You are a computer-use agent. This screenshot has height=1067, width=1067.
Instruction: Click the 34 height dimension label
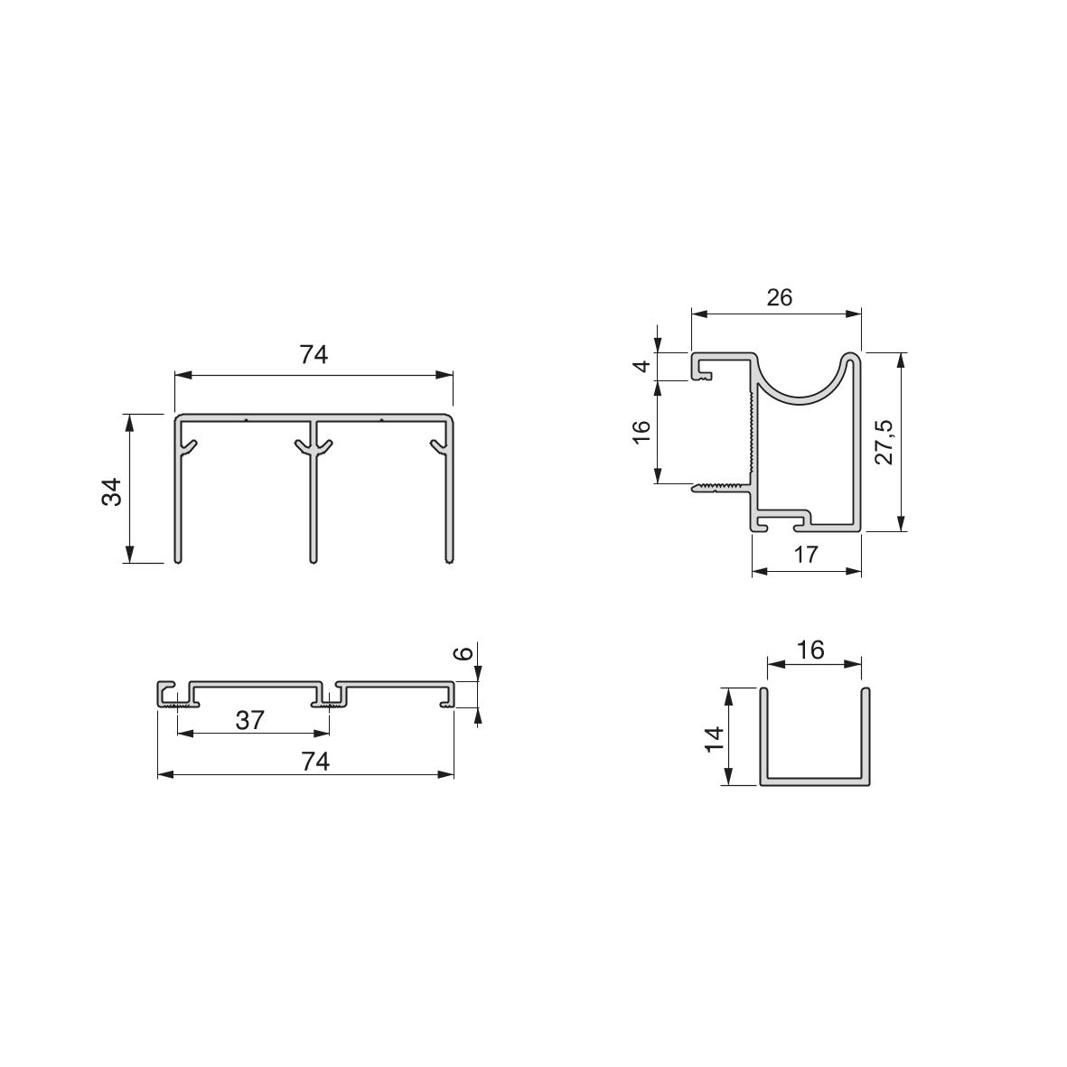(x=112, y=491)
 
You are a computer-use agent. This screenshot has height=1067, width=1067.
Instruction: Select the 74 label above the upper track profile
(x=314, y=354)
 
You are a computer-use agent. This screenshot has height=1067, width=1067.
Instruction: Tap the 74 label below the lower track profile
(x=315, y=762)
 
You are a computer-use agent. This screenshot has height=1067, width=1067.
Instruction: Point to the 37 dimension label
(x=249, y=720)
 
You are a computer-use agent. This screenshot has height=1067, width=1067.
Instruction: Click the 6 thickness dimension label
(x=463, y=653)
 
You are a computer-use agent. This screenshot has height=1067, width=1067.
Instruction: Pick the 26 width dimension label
(x=779, y=297)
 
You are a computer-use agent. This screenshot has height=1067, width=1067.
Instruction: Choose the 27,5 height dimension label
(x=884, y=443)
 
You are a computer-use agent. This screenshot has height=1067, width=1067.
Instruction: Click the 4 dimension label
(x=641, y=367)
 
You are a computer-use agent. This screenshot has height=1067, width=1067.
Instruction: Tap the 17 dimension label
(x=807, y=555)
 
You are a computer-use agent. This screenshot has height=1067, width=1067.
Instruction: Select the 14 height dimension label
(x=715, y=740)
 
